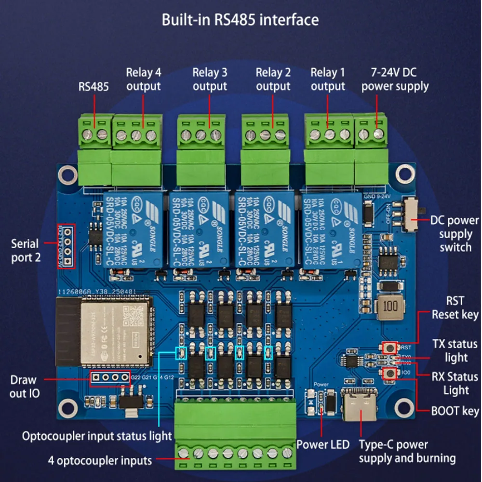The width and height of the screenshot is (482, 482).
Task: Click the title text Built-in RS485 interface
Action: point(240,20)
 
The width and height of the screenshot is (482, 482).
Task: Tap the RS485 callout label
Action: point(94,87)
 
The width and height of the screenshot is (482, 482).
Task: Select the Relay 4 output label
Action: point(143,80)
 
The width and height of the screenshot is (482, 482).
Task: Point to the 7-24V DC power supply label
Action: point(395,80)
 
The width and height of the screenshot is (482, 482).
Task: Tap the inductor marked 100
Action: point(390,306)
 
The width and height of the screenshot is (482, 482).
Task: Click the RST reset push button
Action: point(389,347)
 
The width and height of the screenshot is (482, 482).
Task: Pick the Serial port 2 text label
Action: point(27,250)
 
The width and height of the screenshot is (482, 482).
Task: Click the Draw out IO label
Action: point(24,387)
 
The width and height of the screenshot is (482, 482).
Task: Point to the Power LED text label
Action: point(322,444)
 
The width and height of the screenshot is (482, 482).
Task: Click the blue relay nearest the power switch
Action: point(331,230)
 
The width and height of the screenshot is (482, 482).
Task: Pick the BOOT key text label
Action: point(455,411)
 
